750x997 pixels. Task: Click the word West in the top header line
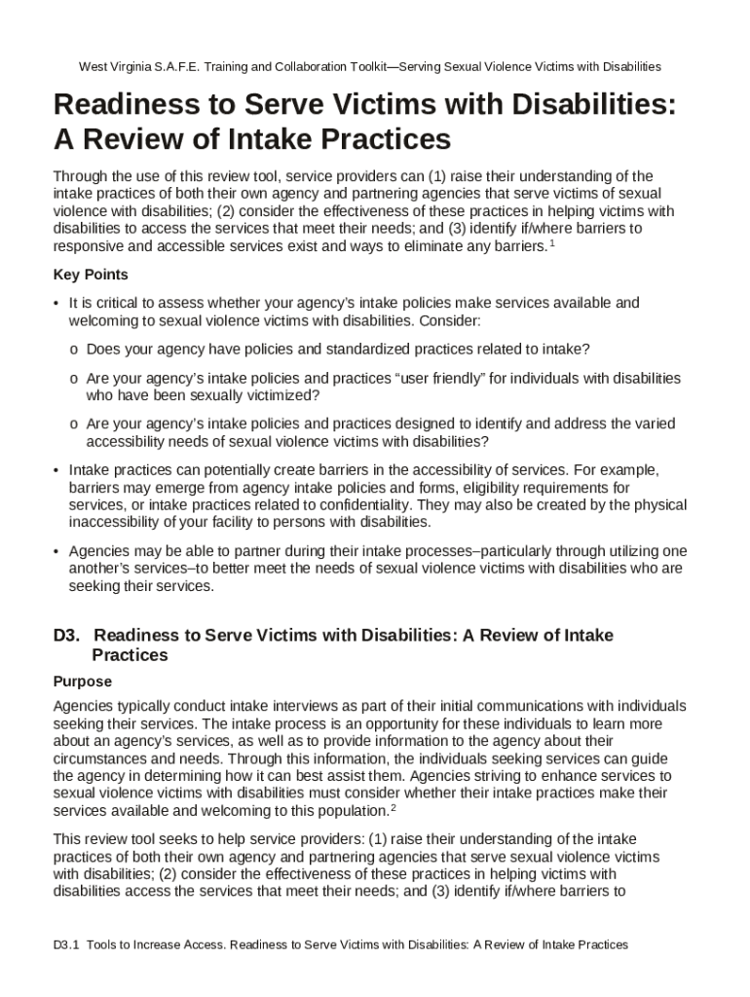pos(94,67)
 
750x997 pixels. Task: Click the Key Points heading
pos(91,275)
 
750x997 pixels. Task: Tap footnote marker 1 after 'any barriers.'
pos(552,243)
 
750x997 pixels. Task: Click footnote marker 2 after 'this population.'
pos(393,807)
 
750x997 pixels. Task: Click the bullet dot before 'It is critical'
pos(56,304)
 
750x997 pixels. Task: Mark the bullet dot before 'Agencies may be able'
pos(56,551)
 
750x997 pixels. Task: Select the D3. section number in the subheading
pos(66,636)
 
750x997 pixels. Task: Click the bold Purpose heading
pos(83,682)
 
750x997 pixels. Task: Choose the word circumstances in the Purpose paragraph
pos(100,758)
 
